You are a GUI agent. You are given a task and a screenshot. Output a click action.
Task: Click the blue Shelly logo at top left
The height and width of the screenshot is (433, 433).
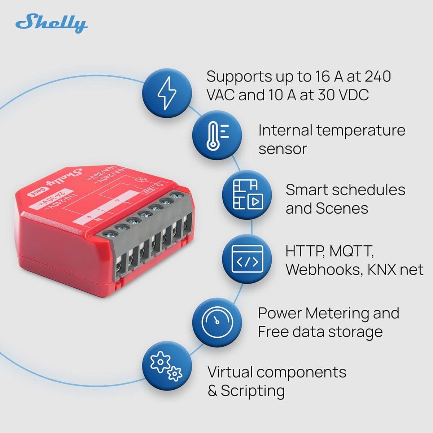pyautogui.click(x=51, y=23)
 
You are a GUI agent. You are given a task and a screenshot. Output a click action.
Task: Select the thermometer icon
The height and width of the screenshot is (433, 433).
pyautogui.click(x=216, y=136)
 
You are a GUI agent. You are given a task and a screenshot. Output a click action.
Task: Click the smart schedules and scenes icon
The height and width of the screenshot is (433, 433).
pyautogui.click(x=247, y=195)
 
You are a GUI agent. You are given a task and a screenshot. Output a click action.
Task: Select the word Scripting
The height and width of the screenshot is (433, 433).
pyautogui.click(x=253, y=391)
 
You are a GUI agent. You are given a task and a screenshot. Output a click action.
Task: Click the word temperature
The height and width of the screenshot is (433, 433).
pyautogui.click(x=361, y=131)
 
